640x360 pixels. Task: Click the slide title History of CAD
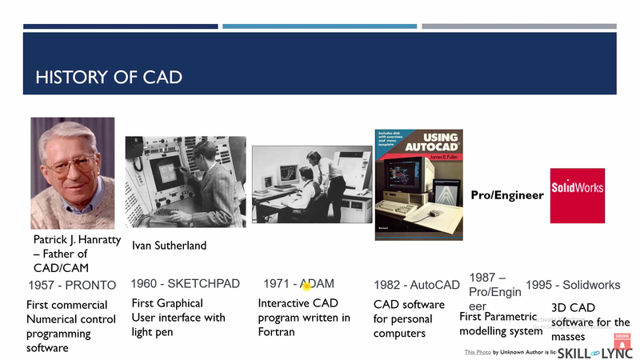pyautogui.click(x=109, y=78)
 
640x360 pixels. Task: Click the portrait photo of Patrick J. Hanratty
pyautogui.click(x=72, y=173)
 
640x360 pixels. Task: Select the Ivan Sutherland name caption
pyautogui.click(x=169, y=246)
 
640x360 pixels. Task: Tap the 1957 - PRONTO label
pyautogui.click(x=72, y=285)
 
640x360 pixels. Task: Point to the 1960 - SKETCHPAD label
pyautogui.click(x=185, y=284)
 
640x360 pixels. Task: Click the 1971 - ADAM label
pyautogui.click(x=298, y=284)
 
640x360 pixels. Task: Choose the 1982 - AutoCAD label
pyautogui.click(x=417, y=285)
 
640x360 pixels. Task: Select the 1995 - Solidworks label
pyautogui.click(x=573, y=285)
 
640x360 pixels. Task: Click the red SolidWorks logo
pyautogui.click(x=578, y=195)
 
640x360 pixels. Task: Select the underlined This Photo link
pyautogui.click(x=478, y=352)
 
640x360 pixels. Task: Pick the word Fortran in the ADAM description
pyautogui.click(x=276, y=332)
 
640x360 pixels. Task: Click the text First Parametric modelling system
pyautogui.click(x=501, y=324)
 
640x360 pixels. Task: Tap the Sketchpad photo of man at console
pyautogui.click(x=185, y=182)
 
